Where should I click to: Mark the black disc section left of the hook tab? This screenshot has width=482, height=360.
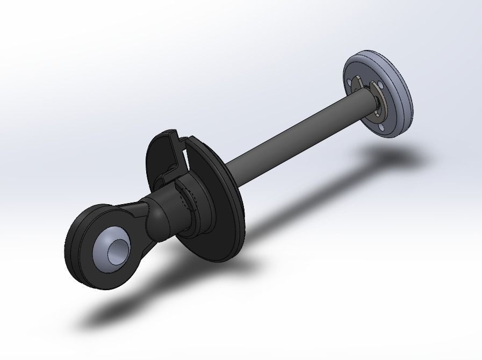tap(156, 156)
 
